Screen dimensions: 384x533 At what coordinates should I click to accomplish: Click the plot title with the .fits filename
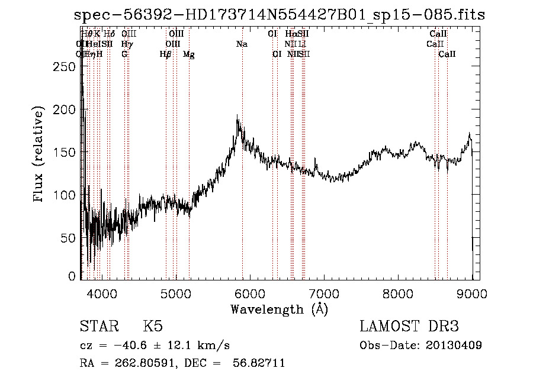[280, 15]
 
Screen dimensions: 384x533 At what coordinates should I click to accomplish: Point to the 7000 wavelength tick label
[323, 293]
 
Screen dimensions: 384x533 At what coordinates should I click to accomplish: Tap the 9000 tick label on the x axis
[472, 293]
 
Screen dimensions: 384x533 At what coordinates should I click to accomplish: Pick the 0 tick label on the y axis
[72, 276]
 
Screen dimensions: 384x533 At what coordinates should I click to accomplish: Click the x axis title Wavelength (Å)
[279, 309]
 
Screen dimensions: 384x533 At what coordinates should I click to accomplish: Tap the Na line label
[242, 44]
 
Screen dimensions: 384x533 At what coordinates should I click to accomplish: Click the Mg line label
[188, 54]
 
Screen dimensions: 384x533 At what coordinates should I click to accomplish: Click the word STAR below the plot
[98, 327]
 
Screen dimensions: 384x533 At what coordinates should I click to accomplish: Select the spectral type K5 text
[153, 327]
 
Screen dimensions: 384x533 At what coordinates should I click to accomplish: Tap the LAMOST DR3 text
[409, 327]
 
